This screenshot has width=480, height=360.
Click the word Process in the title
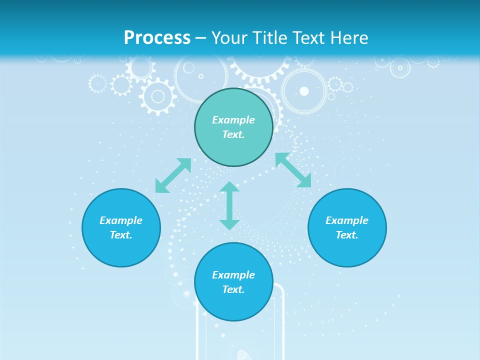(x=157, y=38)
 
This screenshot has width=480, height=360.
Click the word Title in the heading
(x=268, y=38)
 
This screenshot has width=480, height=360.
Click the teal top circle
(x=233, y=102)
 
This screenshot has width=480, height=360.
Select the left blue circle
(x=121, y=250)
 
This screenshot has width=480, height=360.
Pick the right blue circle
(x=347, y=250)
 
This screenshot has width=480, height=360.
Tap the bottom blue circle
(x=233, y=305)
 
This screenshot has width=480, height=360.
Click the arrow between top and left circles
(x=173, y=175)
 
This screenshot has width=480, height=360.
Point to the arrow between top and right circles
(x=293, y=170)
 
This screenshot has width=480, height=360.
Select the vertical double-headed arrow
(x=229, y=205)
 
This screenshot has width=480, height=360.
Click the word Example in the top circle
(x=233, y=120)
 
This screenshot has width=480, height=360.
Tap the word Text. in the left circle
(x=121, y=235)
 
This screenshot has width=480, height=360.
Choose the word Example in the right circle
(x=347, y=220)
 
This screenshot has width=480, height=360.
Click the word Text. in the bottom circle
(x=233, y=289)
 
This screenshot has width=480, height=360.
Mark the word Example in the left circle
(x=121, y=220)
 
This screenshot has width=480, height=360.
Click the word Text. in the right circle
(x=347, y=235)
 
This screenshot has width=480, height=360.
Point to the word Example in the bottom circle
(x=233, y=275)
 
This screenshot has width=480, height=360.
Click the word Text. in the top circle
(x=233, y=134)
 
